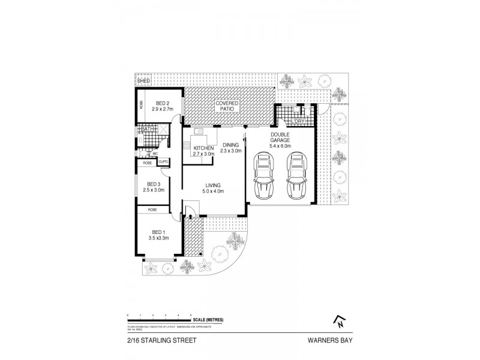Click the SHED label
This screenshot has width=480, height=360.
(143, 80)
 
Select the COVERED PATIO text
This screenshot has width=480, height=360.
(227, 106)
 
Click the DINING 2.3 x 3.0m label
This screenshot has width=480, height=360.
(231, 148)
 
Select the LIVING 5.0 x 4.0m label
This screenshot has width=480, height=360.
(212, 188)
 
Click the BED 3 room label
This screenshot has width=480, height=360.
(153, 187)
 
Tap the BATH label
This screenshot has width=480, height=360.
(148, 129)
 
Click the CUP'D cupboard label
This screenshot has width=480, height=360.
(163, 163)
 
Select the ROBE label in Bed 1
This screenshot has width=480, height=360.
(152, 210)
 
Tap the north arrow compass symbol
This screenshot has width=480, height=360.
(340, 322)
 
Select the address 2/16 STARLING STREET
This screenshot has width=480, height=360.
(161, 340)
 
